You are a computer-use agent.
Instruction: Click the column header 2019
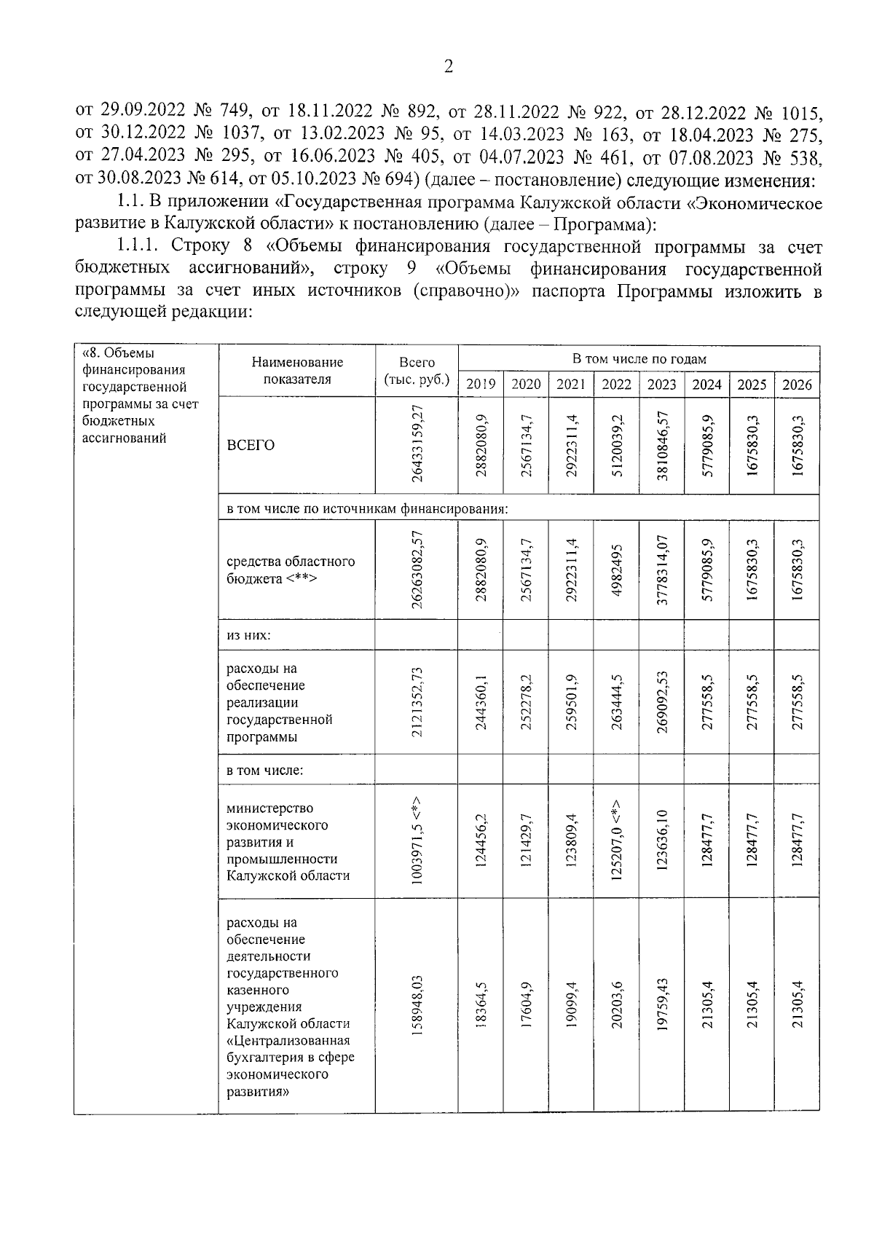pyautogui.click(x=480, y=385)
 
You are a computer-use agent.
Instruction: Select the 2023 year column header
pyautogui.click(x=661, y=385)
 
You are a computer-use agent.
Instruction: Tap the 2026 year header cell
pyautogui.click(x=797, y=385)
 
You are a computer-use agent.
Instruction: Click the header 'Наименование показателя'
pyautogui.click(x=297, y=371)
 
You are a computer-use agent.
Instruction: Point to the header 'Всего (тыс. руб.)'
pyautogui.click(x=417, y=371)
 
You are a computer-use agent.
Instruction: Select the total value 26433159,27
pyautogui.click(x=417, y=445)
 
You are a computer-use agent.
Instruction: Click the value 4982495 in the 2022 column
pyautogui.click(x=616, y=570)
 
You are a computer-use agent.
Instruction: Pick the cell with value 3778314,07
pyautogui.click(x=661, y=570)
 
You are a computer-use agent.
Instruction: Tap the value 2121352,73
pyautogui.click(x=417, y=702)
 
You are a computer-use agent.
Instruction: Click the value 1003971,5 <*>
pyautogui.click(x=417, y=841)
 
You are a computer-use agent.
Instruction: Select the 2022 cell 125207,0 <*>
pyautogui.click(x=616, y=841)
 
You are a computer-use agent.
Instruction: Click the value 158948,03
pyautogui.click(x=417, y=1006)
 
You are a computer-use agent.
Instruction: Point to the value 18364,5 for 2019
pyautogui.click(x=481, y=1006)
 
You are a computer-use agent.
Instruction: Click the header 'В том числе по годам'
pyautogui.click(x=639, y=359)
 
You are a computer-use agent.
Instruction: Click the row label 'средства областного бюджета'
pyautogui.click(x=290, y=570)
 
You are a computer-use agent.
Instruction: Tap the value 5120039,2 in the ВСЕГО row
pyautogui.click(x=616, y=445)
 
